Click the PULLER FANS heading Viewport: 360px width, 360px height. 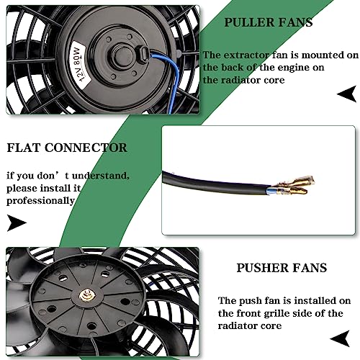(x=269, y=22)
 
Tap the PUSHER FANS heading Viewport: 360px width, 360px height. (x=282, y=268)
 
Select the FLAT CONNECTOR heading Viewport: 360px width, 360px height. (x=67, y=148)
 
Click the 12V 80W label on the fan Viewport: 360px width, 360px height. (x=79, y=64)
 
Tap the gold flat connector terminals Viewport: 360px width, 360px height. (x=294, y=185)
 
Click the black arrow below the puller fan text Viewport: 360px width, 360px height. (x=346, y=94)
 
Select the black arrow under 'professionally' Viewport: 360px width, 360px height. (x=17, y=223)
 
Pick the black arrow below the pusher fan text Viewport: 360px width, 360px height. (x=340, y=338)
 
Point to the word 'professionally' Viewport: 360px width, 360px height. (x=40, y=201)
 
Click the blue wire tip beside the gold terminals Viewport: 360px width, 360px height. (x=271, y=191)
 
